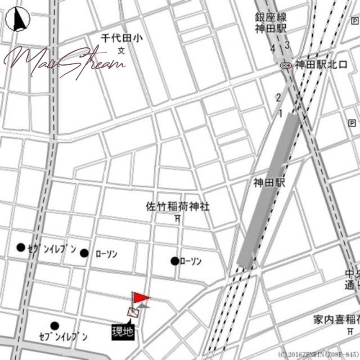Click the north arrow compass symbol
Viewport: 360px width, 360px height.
coord(18,20)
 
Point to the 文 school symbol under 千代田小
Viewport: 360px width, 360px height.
coord(121,51)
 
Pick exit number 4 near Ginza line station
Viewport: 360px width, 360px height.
coord(273,48)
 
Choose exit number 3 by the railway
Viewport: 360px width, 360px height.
coord(287,45)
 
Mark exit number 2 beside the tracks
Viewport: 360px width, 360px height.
coord(279,97)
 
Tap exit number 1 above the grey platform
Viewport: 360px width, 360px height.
coord(280,114)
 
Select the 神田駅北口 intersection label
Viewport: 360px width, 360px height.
coord(321,65)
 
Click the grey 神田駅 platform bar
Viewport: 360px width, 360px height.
coord(269,191)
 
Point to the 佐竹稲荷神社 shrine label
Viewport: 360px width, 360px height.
coord(178,207)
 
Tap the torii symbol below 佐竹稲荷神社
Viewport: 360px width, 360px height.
coord(177,219)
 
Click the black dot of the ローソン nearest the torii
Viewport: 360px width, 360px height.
coord(175,261)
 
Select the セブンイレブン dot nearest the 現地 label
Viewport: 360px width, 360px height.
coord(54,325)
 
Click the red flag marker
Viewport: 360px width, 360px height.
coord(140,298)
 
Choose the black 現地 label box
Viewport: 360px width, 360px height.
coord(122,332)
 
